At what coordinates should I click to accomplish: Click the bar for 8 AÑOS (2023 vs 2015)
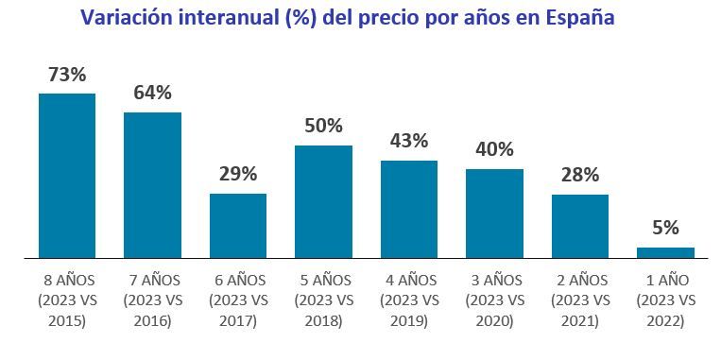(66, 175)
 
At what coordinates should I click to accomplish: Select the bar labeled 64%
(152, 184)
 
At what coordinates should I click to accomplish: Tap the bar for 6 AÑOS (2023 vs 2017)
(238, 225)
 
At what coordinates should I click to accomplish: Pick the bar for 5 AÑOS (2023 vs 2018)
(323, 200)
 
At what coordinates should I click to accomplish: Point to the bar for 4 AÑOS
(409, 209)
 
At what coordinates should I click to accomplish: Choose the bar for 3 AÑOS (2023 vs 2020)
(494, 213)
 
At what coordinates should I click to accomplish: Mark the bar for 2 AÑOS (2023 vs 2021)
(580, 226)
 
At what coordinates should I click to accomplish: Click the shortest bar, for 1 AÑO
(665, 252)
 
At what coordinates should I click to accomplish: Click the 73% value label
(66, 74)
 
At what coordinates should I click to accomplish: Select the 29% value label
(238, 174)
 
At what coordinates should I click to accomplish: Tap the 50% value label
(323, 126)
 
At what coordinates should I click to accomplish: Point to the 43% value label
(409, 141)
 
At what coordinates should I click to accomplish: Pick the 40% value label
(494, 149)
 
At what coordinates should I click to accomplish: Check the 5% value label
(665, 228)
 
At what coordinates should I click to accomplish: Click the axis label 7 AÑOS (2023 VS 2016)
(152, 300)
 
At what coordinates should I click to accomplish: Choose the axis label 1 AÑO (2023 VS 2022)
(665, 300)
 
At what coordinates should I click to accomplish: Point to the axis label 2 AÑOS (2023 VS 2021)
(580, 300)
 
